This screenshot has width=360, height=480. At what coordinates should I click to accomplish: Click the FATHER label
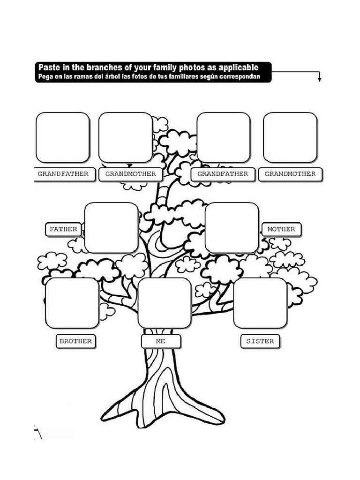pos(63,229)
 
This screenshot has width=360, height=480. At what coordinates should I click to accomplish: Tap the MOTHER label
pos(281,229)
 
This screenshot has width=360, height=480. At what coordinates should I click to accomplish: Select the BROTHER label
pos(75,341)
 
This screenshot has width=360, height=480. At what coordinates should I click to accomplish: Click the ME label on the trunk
pos(161,341)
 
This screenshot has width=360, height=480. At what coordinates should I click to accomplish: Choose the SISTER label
pos(260,341)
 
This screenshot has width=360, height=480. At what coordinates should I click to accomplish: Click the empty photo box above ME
pos(165,303)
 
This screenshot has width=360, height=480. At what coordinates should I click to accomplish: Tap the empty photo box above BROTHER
pos(72,303)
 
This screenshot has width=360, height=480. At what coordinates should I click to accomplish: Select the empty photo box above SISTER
pos(260,303)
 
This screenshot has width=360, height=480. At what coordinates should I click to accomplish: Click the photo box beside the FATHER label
pos(111,228)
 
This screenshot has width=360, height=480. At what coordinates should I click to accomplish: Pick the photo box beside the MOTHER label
pos(232,228)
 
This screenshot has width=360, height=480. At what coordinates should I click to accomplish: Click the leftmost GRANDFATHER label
pos(63,174)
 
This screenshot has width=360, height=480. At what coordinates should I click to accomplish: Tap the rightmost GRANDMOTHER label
pos(290,174)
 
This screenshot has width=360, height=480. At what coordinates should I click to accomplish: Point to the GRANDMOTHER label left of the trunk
pos(131,174)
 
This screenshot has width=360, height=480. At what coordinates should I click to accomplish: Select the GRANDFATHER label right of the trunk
pos(223,174)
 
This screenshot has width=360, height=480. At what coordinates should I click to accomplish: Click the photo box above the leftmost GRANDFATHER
pos(63,137)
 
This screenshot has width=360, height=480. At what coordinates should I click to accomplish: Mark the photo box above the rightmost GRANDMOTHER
pos(290,137)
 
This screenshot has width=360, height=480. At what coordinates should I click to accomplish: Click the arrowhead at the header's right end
pos(319,80)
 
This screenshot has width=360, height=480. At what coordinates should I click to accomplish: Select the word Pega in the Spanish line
pos(45,76)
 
